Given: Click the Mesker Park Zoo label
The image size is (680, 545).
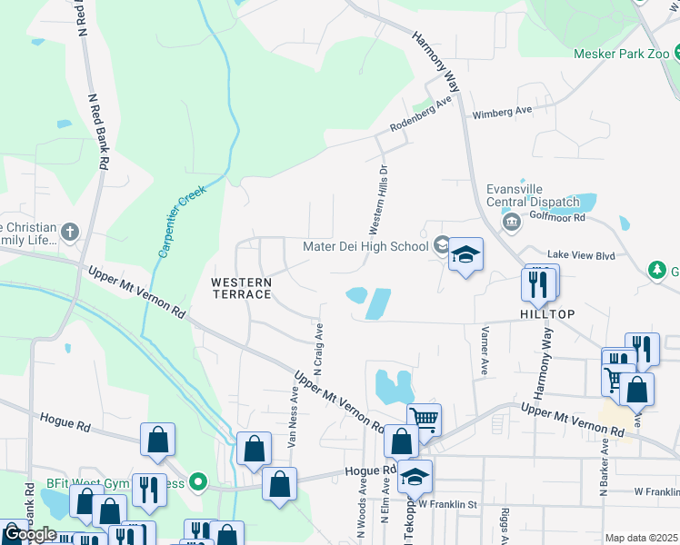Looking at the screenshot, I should point(621,54).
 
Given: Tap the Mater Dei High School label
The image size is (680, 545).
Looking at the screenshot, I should point(365,246).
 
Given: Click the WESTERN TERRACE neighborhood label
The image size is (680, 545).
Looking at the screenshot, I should point(242,288).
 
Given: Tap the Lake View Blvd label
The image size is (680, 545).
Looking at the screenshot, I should point(582,256).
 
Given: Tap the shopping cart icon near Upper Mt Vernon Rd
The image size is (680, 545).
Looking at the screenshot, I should point(424,418).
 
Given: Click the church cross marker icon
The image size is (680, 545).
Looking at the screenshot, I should point(70,232).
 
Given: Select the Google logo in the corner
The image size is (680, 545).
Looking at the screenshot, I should point(29,534).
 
